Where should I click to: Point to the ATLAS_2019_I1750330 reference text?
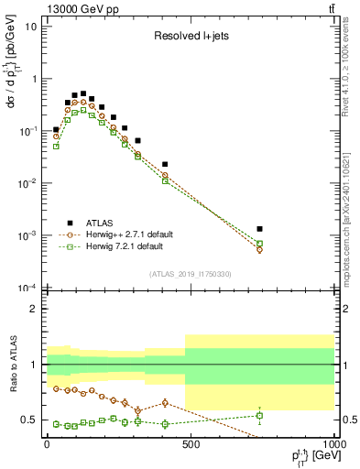[x=191, y=274]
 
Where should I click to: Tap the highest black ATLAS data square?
[x=83, y=93]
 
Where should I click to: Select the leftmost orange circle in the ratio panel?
[x=56, y=388]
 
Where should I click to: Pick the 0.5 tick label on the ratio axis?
[x=29, y=420]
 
